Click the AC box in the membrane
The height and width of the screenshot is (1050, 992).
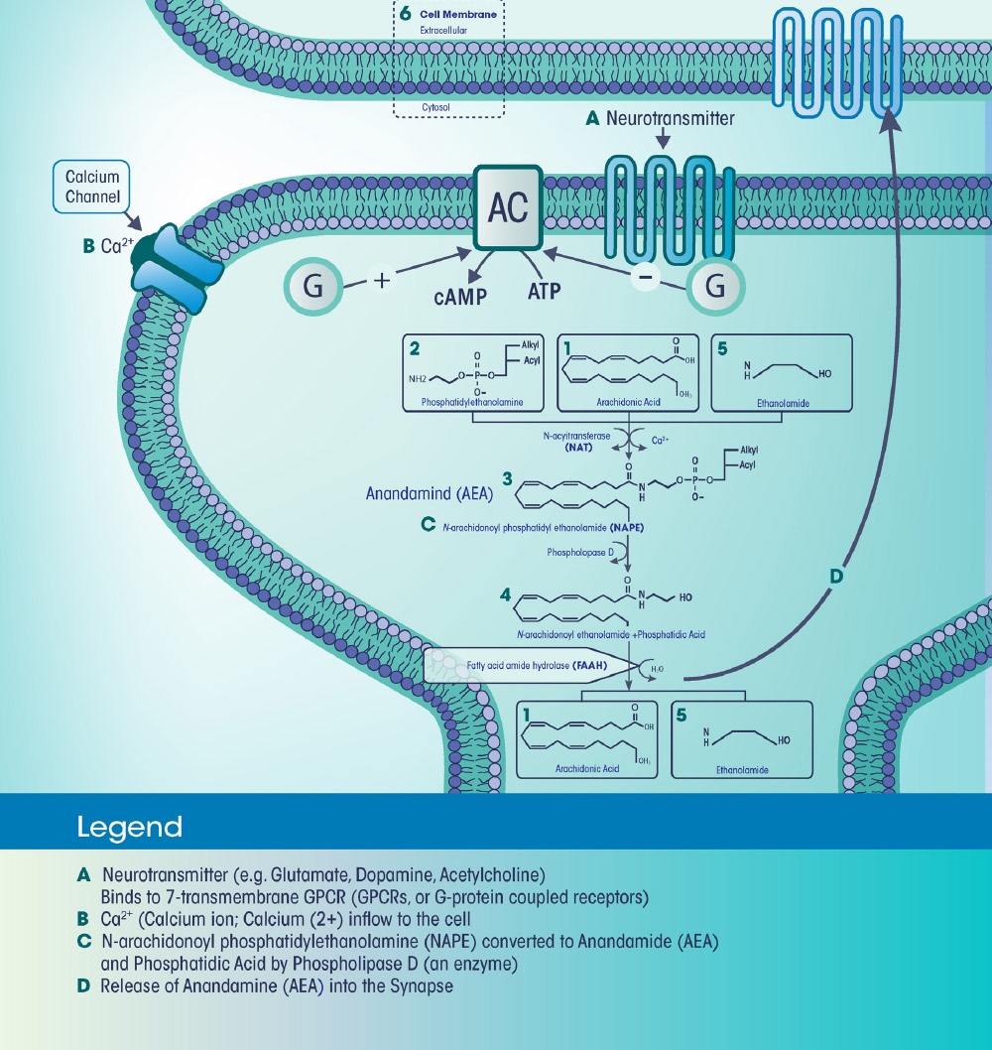(508, 207)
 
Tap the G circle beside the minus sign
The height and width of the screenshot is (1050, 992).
(713, 286)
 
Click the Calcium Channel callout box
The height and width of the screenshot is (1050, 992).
(92, 187)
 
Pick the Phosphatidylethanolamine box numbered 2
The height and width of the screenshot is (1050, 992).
(474, 372)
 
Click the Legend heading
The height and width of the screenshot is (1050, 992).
(129, 828)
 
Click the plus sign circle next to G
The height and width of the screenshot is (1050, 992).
(382, 281)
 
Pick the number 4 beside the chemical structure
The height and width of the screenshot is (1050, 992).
(506, 596)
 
